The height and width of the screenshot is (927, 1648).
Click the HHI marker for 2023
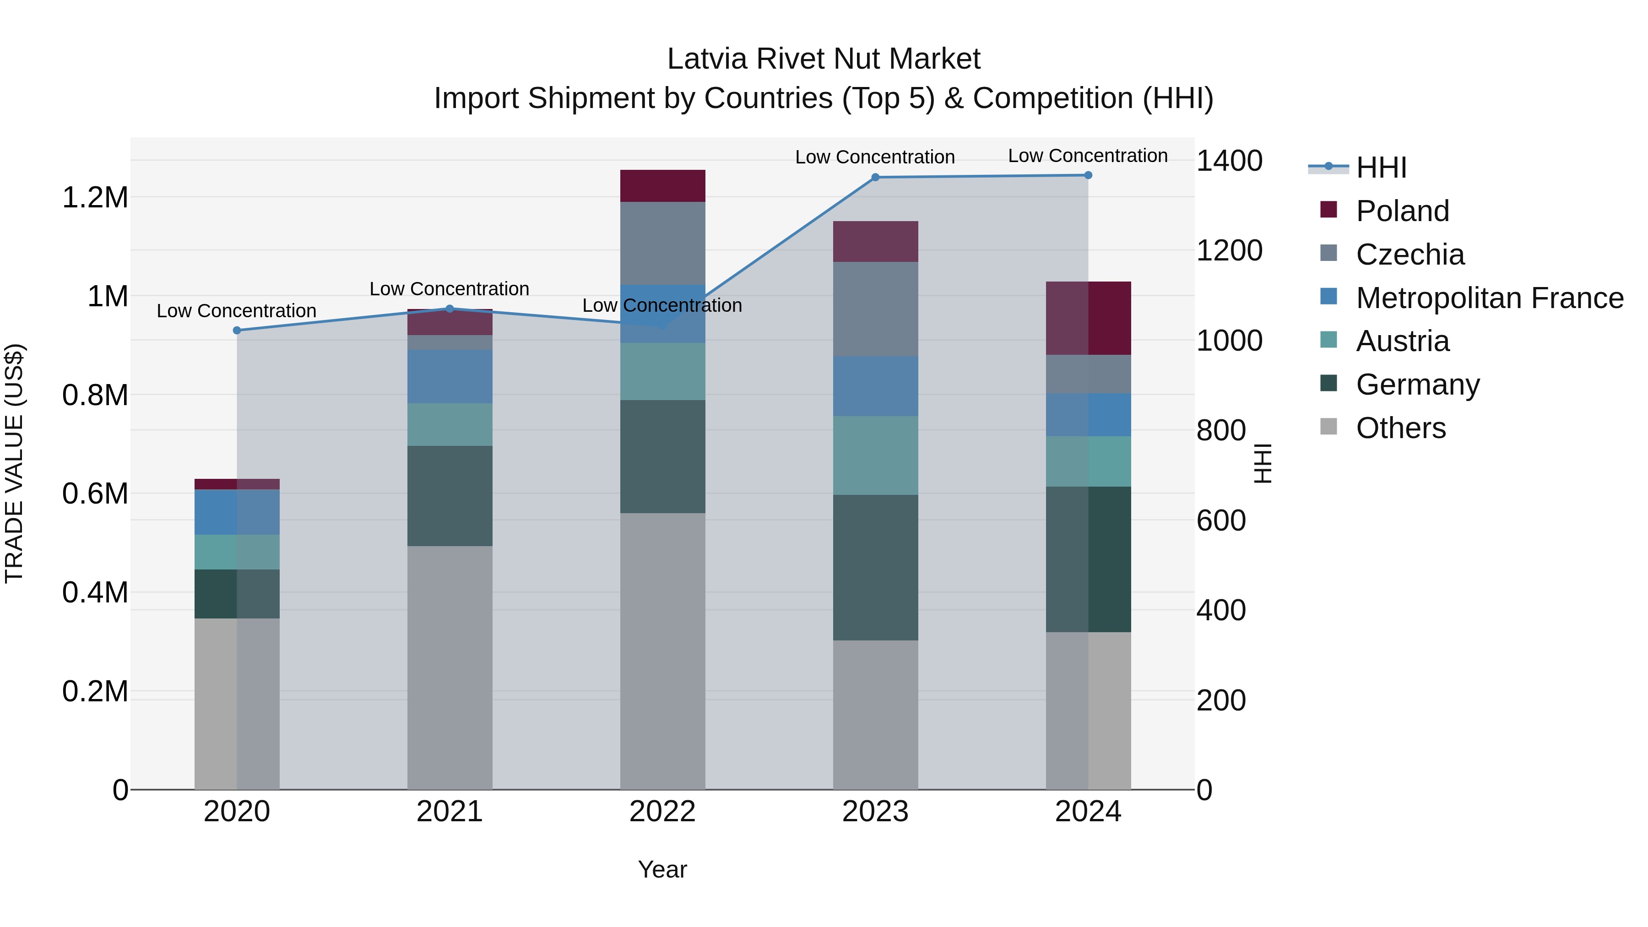click(875, 177)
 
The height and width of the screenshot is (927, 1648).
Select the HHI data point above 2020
click(237, 330)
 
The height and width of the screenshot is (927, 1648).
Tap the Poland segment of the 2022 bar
click(663, 185)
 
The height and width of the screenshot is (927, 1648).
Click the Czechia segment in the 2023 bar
click(875, 309)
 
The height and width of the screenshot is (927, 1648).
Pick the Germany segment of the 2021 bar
click(450, 495)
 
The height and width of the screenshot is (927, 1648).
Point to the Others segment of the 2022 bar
click(663, 651)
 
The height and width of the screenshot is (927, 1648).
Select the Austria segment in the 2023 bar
click(875, 455)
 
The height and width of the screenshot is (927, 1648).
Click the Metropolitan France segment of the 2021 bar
click(450, 376)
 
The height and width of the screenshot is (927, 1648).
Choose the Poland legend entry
click(1402, 211)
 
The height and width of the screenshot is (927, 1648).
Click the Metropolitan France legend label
click(1489, 298)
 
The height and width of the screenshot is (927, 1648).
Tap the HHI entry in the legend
click(1381, 168)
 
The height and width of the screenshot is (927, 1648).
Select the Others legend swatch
click(1329, 427)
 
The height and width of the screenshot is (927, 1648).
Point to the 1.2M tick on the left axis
click(95, 198)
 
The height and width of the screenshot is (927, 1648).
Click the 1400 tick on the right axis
click(1229, 161)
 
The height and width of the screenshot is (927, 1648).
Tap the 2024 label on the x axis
click(1088, 812)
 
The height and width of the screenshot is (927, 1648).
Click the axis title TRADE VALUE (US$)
click(14, 463)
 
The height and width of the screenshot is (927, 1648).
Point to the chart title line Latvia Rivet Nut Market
click(824, 59)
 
